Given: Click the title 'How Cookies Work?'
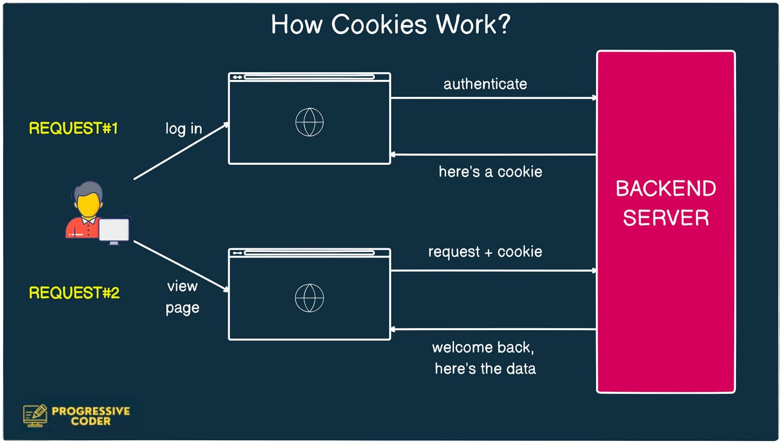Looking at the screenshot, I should pos(390,25).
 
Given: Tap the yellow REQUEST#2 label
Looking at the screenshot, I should pos(74,293).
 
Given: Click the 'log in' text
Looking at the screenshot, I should pos(183,129).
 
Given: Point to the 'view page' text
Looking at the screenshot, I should pos(182,297).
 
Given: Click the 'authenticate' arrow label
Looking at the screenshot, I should pos(485,84).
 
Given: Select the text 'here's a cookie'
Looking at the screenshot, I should pos(490,172).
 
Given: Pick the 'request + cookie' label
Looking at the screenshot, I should pos(485,252).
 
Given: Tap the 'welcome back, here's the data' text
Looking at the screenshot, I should pos(485,358).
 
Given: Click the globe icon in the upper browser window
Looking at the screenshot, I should pos(309,122).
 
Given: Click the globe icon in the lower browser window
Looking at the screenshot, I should pos(309,298).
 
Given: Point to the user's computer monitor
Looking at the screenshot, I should pos(114,231).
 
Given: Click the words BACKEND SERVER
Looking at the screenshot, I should pos(666,203).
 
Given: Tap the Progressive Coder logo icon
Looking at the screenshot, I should pos(35,416).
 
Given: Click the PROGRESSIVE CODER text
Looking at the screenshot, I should pos(91,416).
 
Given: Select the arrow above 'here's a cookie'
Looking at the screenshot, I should pos(493,154).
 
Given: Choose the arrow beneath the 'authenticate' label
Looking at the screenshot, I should pos(493,98).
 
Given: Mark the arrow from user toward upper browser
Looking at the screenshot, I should pos(181,151).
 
